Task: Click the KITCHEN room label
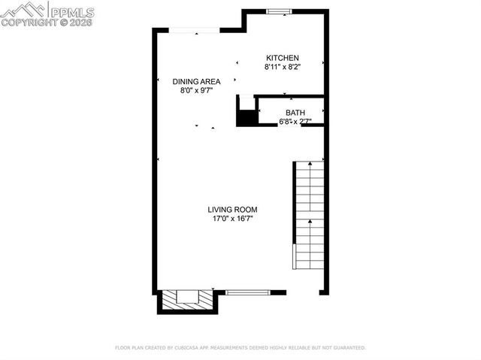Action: [x=283, y=58]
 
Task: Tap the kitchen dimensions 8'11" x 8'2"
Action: [x=283, y=67]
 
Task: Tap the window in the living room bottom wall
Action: [x=248, y=292]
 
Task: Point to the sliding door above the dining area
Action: [x=194, y=30]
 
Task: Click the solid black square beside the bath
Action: [x=247, y=118]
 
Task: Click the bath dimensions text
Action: [x=294, y=121]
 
